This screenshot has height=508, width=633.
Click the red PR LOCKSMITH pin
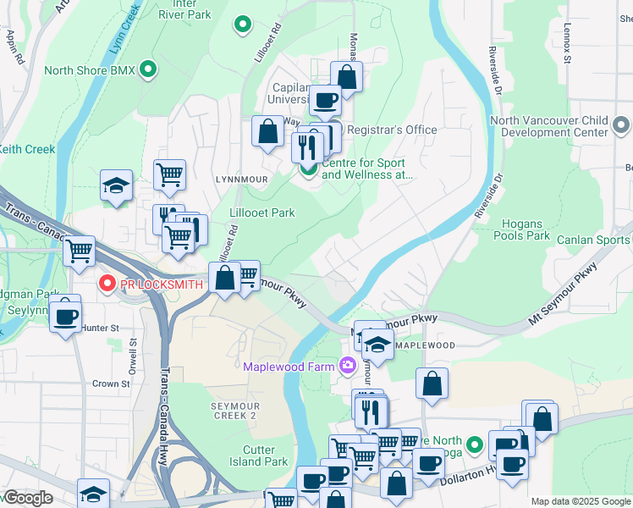click(x=107, y=284)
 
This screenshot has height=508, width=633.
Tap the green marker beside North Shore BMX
click(x=149, y=69)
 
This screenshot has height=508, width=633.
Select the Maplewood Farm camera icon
click(x=346, y=366)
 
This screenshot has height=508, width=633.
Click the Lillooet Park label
click(x=262, y=213)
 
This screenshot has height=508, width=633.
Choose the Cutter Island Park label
click(x=259, y=456)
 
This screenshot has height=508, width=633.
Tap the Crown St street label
click(x=111, y=384)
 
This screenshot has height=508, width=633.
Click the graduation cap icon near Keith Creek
click(x=116, y=186)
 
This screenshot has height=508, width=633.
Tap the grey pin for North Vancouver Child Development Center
click(x=621, y=126)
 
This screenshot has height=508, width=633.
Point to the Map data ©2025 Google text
click(x=581, y=501)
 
